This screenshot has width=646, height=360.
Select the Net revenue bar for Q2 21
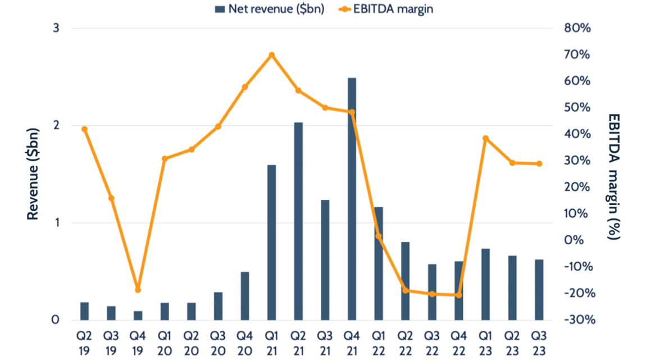[298, 221]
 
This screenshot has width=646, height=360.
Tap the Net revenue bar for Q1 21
[271, 243]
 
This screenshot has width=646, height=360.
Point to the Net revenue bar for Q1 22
[379, 263]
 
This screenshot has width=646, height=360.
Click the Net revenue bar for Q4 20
[245, 296]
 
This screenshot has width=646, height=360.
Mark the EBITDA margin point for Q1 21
[271, 55]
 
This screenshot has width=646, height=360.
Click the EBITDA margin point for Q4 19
[138, 290]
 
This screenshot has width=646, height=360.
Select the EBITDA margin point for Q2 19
[84, 129]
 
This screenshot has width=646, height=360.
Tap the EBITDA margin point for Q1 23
[485, 138]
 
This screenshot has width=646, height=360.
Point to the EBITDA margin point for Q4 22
[458, 295]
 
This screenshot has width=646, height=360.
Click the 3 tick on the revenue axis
[56, 29]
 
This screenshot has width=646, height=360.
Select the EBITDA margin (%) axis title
[613, 175]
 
